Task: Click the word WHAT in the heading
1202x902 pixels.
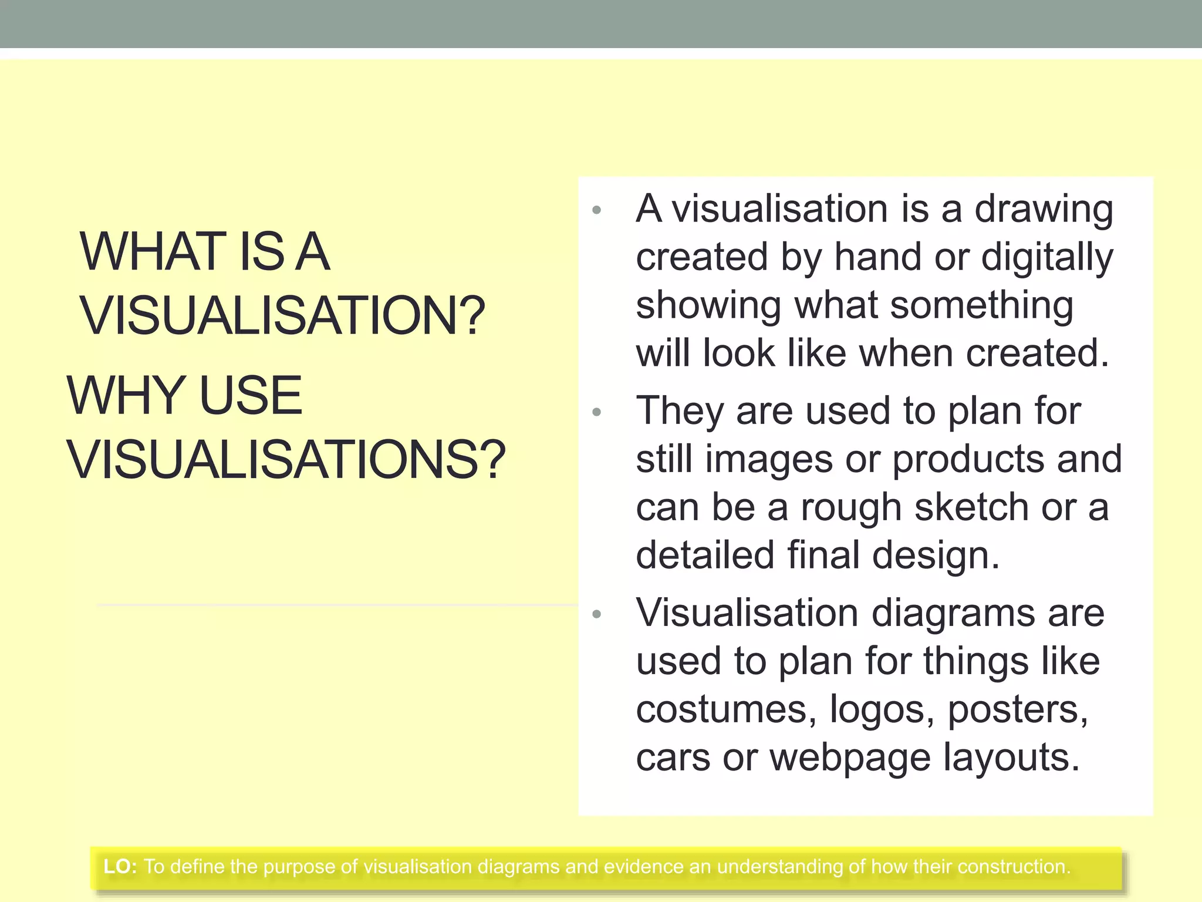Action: pos(153,252)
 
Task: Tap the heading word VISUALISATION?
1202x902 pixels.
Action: pos(283,316)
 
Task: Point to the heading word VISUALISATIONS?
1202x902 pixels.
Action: pos(286,459)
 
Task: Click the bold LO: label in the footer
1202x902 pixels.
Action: pos(120,867)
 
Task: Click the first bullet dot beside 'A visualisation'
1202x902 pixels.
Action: pos(597,210)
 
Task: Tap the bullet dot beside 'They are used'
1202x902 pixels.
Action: pos(597,412)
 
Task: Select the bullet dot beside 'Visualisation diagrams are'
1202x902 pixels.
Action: pos(597,614)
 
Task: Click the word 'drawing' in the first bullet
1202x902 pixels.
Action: pos(1044,210)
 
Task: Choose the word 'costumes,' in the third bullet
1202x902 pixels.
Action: pos(726,710)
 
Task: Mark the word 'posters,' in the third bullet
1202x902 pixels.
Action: pos(1018,710)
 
